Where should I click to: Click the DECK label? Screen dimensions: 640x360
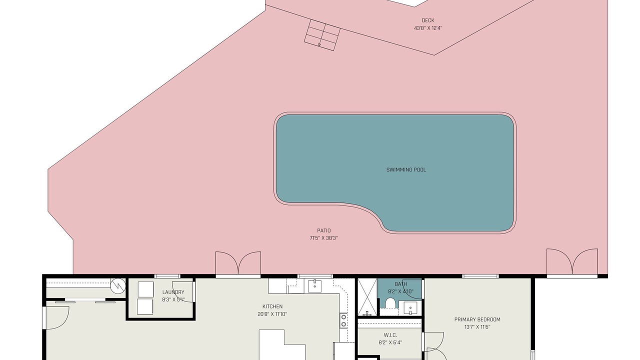pos(427,20)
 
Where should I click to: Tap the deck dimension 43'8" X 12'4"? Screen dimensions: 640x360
pos(428,28)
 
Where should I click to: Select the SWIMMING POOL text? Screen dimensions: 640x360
pos(406,169)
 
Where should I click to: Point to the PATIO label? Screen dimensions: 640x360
pos(323,230)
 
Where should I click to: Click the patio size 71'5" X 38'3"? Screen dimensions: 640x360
pos(323,238)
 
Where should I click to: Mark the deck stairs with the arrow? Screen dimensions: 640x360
pos(322,35)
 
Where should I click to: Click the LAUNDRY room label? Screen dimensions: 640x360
pos(173,292)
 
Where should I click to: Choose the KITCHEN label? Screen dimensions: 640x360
pos(272,306)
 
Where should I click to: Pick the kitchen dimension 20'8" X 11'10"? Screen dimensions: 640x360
pos(272,314)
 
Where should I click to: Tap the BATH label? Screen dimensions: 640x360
pos(400,284)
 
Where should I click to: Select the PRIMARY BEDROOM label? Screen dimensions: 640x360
pos(477,319)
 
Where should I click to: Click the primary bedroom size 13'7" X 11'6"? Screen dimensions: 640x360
pos(477,327)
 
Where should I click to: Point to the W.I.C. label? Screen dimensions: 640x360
pos(390,335)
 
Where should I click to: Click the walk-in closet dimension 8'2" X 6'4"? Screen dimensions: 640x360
pos(390,342)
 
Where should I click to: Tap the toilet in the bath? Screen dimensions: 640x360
pos(390,303)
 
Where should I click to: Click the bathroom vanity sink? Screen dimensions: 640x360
pos(410,308)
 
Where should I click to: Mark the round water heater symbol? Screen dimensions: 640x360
pos(118,285)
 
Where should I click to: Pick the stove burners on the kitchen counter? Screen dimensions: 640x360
pos(343,320)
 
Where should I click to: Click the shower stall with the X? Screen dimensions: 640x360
pos(367,297)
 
